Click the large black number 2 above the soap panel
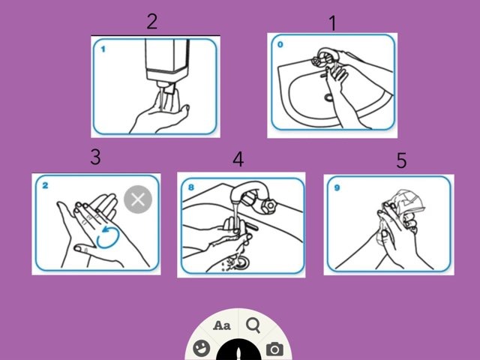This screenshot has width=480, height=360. pyautogui.click(x=152, y=22)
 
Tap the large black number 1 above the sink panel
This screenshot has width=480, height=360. pyautogui.click(x=333, y=23)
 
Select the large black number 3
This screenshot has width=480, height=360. pyautogui.click(x=95, y=157)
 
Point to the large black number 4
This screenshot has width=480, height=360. pyautogui.click(x=238, y=159)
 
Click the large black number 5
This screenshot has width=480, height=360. pyautogui.click(x=402, y=160)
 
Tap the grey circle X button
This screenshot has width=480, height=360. pyautogui.click(x=138, y=199)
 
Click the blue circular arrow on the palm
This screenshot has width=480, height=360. pyautogui.click(x=107, y=237)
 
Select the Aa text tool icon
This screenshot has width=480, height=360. pyautogui.click(x=222, y=325)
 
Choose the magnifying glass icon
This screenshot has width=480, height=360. pyautogui.click(x=253, y=325)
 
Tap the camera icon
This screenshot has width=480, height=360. pyautogui.click(x=274, y=349)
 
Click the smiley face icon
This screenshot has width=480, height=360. pyautogui.click(x=202, y=349)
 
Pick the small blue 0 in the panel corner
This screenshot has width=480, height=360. pyautogui.click(x=280, y=45)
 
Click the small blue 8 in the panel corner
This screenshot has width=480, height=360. pyautogui.click(x=191, y=187)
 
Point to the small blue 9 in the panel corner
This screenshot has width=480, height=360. pyautogui.click(x=337, y=187)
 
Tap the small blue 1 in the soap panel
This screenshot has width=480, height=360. pyautogui.click(x=103, y=49)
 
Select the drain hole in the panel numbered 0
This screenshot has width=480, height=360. pyautogui.click(x=328, y=97)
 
